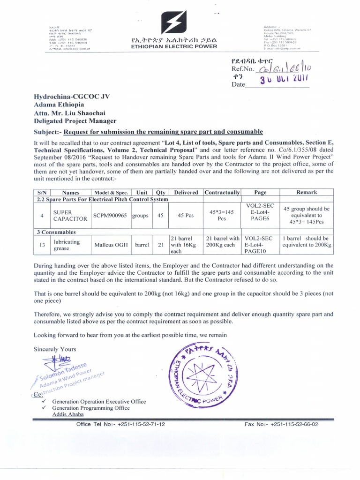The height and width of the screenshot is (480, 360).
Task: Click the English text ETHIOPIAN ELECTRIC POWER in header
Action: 174,46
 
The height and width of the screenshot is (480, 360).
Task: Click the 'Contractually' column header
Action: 222,192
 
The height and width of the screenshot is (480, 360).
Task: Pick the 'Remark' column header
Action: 307,192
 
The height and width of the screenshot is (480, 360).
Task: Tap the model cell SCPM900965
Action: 110,215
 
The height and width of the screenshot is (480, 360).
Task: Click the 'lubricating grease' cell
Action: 67,245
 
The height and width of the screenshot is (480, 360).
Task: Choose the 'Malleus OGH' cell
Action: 111,245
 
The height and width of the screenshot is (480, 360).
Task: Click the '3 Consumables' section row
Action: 57,232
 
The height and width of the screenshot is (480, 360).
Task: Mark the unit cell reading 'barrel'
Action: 142,245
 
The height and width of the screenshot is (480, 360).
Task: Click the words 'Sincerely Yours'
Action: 55,349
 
